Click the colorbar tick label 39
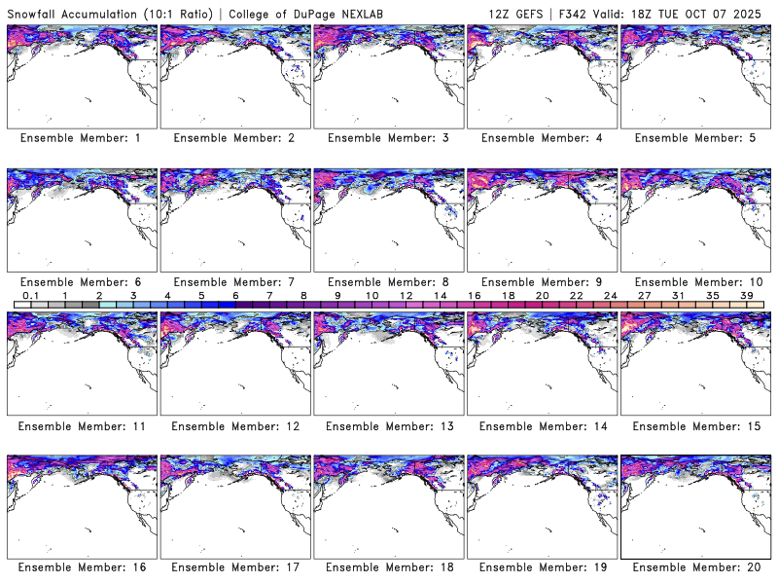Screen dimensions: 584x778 pyautogui.click(x=747, y=295)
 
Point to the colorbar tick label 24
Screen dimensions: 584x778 pyautogui.click(x=611, y=295)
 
